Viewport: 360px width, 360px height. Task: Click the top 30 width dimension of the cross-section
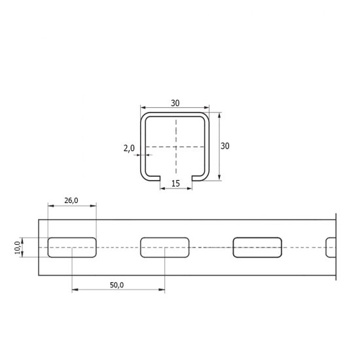[175, 103]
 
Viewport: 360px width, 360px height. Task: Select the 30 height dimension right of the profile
[225, 146]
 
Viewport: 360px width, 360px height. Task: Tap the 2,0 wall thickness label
[128, 148]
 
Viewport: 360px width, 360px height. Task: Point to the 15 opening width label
[175, 183]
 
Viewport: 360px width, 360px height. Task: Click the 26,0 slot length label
[71, 202]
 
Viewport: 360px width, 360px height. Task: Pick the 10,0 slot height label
[18, 247]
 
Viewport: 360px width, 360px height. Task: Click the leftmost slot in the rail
[71, 247]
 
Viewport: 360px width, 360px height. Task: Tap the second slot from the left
[165, 247]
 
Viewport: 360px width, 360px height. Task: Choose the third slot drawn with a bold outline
[258, 247]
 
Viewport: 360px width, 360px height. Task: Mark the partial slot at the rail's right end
[331, 247]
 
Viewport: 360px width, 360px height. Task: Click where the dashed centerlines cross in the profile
[175, 147]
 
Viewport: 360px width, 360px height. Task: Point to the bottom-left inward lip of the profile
[151, 177]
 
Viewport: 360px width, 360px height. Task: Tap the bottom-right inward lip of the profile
[199, 177]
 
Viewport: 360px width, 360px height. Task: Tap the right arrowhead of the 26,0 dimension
[94, 206]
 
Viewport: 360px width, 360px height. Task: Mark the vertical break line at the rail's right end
[335, 247]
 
